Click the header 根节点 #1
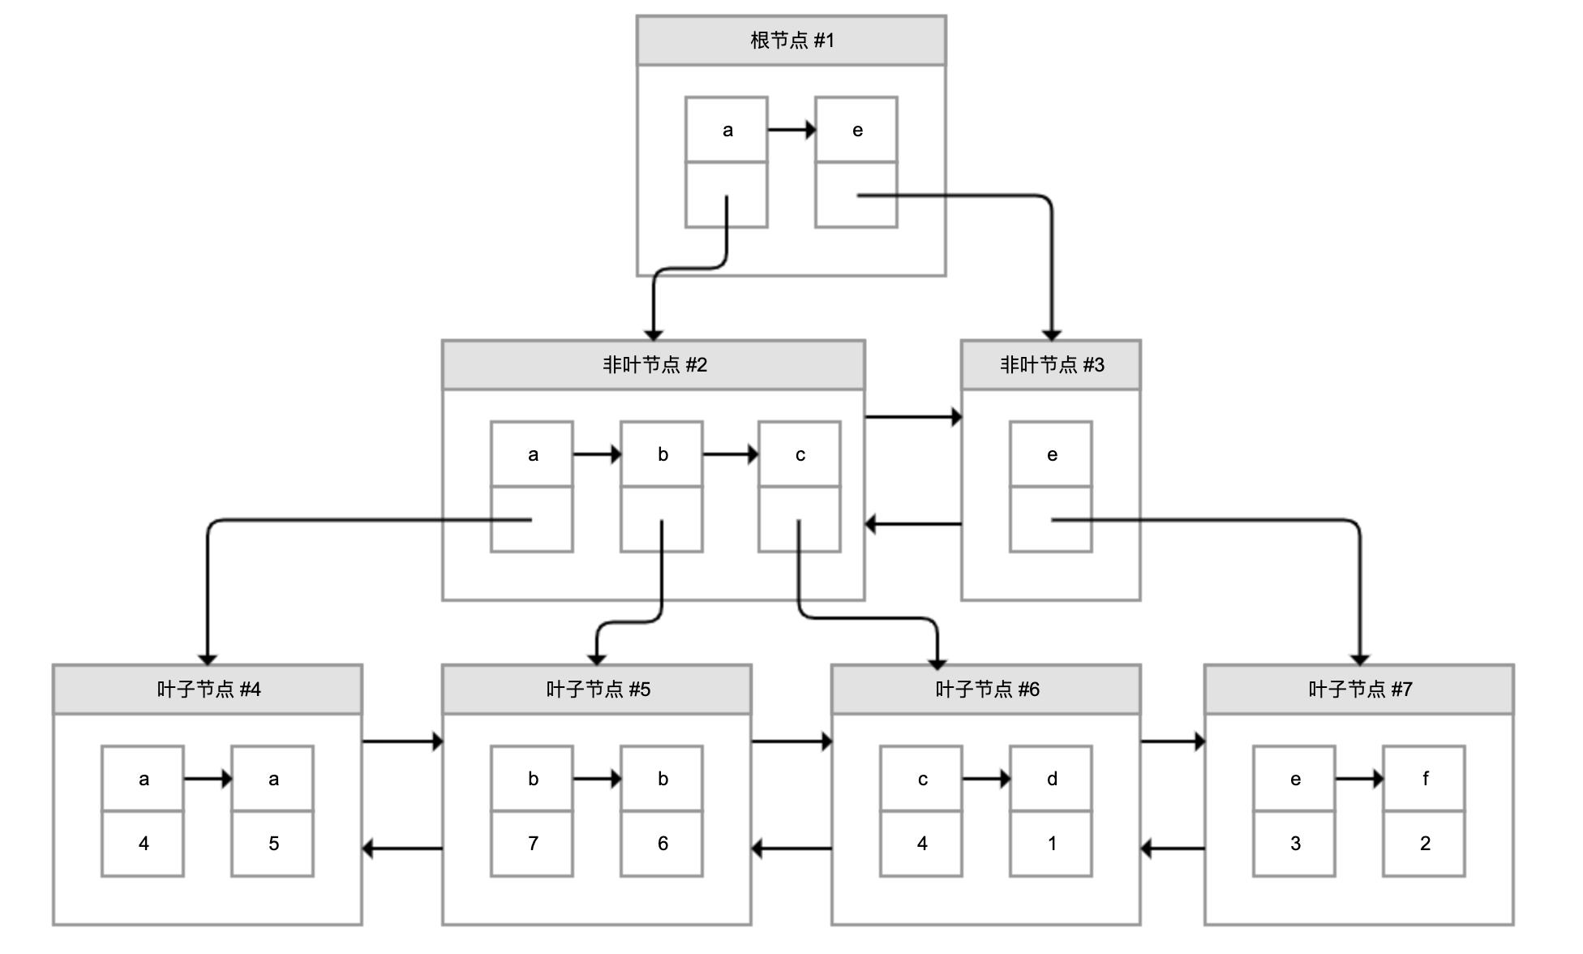pyautogui.click(x=791, y=41)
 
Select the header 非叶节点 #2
pyautogui.click(x=653, y=365)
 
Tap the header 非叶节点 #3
pyautogui.click(x=1050, y=365)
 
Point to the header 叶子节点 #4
pyautogui.click(x=208, y=690)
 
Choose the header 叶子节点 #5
pyautogui.click(x=597, y=690)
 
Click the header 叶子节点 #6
pyautogui.click(x=986, y=690)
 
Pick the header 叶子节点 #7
pyautogui.click(x=1359, y=690)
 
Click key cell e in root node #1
pyautogui.click(x=856, y=130)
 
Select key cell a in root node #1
pyautogui.click(x=727, y=130)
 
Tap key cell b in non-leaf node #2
pyautogui.click(x=662, y=454)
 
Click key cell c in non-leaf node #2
pyautogui.click(x=800, y=454)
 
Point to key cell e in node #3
pyautogui.click(x=1051, y=454)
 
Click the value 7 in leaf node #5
pyautogui.click(x=532, y=844)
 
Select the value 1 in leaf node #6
pyautogui.click(x=1051, y=844)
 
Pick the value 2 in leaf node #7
pyautogui.click(x=1424, y=844)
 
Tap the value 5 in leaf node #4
pyautogui.click(x=272, y=844)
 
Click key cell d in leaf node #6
pyautogui.click(x=1051, y=779)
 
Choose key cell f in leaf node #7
pyautogui.click(x=1424, y=779)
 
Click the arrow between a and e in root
pyautogui.click(x=791, y=130)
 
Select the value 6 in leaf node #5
pyautogui.click(x=662, y=844)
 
